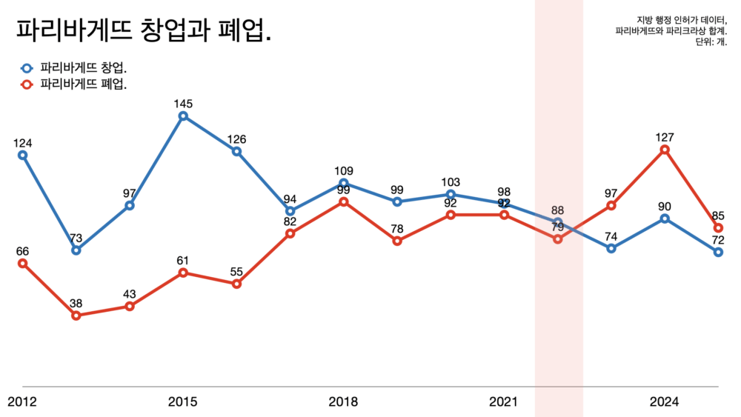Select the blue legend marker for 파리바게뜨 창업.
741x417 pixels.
pos(27,67)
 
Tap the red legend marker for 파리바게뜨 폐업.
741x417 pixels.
pos(27,84)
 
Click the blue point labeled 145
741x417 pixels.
pos(183,116)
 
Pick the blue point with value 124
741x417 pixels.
pos(22,156)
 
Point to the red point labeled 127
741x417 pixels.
pos(665,150)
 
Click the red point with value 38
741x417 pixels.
pos(76,316)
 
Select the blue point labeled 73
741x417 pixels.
pos(76,250)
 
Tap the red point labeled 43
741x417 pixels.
pos(130,306)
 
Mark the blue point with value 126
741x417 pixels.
pos(236,152)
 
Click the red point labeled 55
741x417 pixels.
pos(236,284)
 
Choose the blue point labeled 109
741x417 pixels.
pos(344,183)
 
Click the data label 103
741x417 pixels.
pos(451,182)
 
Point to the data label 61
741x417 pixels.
pos(183,261)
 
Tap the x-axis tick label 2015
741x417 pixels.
pos(182,402)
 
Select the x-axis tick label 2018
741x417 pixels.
pos(343,402)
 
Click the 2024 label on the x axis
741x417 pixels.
pos(664,402)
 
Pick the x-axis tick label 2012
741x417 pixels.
pos(22,402)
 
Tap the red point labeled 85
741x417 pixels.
pos(718,228)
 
